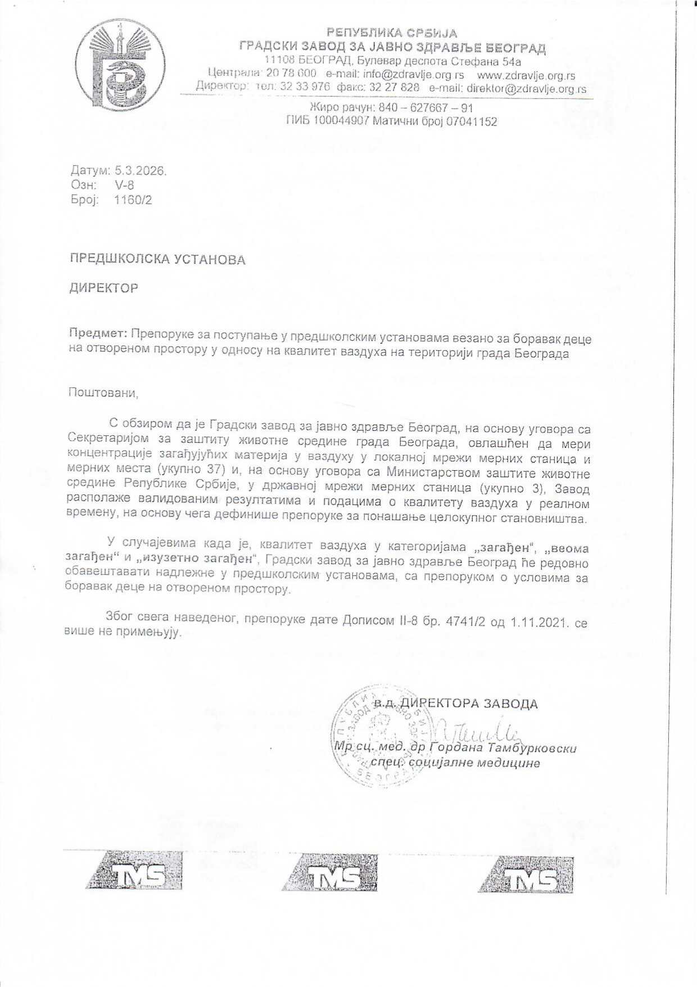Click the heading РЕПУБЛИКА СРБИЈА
[392, 33]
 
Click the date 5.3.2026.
[141, 171]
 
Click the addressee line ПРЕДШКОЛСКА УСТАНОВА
[157, 260]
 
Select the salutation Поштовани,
[103, 393]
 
